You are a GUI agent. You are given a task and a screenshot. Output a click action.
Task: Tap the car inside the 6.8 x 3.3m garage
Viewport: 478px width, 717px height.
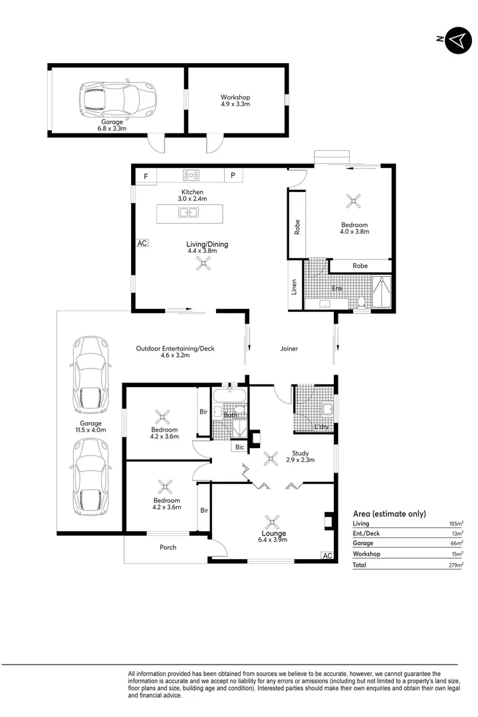pyautogui.click(x=117, y=99)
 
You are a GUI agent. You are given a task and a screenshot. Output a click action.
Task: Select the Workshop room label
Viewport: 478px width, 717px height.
pyautogui.click(x=235, y=98)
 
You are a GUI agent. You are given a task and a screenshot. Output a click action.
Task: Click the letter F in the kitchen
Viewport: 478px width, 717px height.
pyautogui.click(x=146, y=175)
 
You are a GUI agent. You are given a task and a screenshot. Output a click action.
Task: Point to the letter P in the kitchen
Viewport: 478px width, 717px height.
pyautogui.click(x=233, y=175)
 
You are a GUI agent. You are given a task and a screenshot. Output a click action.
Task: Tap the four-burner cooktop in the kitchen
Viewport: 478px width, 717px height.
pyautogui.click(x=191, y=175)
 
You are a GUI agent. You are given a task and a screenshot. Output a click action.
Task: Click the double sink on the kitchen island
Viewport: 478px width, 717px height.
pyautogui.click(x=188, y=213)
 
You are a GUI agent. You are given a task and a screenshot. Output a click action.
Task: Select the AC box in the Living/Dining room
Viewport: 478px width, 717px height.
pyautogui.click(x=142, y=243)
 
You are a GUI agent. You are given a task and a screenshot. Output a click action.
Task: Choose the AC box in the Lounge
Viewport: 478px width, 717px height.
pyautogui.click(x=326, y=556)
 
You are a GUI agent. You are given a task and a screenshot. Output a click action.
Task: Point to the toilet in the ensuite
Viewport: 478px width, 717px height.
pyautogui.click(x=361, y=302)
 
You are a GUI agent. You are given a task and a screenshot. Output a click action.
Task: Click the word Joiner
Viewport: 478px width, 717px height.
pyautogui.click(x=289, y=349)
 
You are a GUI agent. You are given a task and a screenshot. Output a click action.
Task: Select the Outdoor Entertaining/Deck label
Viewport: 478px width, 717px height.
pyautogui.click(x=175, y=348)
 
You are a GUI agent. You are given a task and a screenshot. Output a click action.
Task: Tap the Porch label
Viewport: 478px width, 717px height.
pyautogui.click(x=168, y=548)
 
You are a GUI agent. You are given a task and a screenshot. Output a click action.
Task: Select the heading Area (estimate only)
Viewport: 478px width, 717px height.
pyautogui.click(x=389, y=514)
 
